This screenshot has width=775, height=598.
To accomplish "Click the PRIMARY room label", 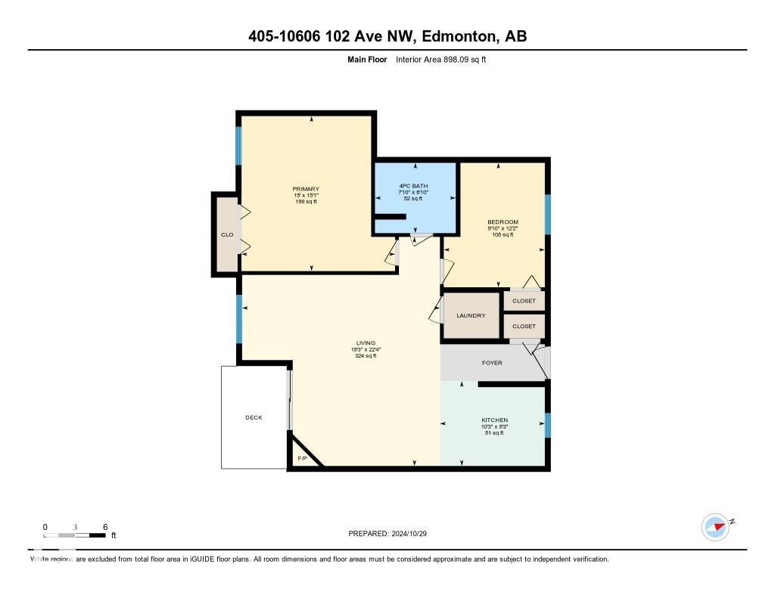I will tap(306, 189).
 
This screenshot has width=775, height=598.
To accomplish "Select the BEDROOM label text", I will tap(503, 222).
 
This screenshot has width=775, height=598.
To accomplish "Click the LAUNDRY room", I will tap(471, 315).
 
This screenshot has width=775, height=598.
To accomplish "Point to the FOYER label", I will tap(492, 363).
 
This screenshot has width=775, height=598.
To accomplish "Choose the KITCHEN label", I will tap(494, 420).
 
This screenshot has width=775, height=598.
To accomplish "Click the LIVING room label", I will tap(366, 343).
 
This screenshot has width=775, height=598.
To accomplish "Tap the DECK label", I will tap(254, 417).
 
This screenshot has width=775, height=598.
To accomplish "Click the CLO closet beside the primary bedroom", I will tap(226, 235).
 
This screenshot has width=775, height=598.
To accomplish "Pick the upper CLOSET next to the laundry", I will tap(524, 301).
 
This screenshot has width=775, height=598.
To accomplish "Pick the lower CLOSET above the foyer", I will tap(524, 327).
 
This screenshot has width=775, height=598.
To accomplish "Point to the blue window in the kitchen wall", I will tap(548, 425).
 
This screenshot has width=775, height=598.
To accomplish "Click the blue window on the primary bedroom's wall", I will tap(238, 145).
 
